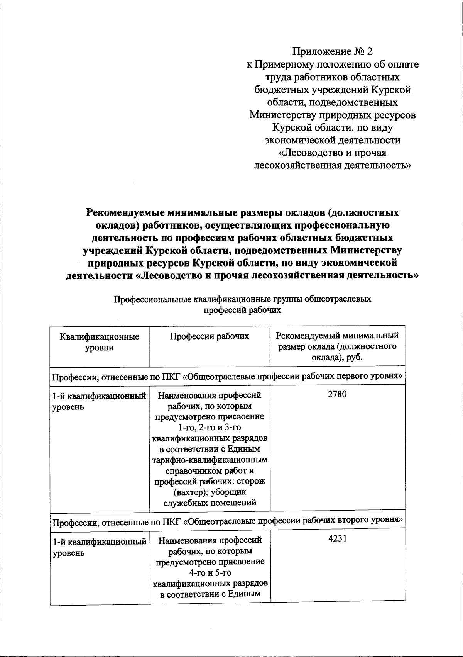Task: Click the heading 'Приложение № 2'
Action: tap(333, 51)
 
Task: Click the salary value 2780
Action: tap(337, 394)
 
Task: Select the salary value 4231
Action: tap(337, 538)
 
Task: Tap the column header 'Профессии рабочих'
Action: tap(210, 336)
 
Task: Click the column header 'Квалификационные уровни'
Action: tap(99, 342)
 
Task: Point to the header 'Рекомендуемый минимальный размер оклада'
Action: tap(337, 346)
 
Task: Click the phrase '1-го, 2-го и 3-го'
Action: tap(210, 428)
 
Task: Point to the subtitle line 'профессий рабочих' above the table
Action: tap(242, 310)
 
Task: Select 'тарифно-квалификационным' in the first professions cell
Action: tap(210, 460)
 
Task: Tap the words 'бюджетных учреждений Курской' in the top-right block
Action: tap(333, 90)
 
